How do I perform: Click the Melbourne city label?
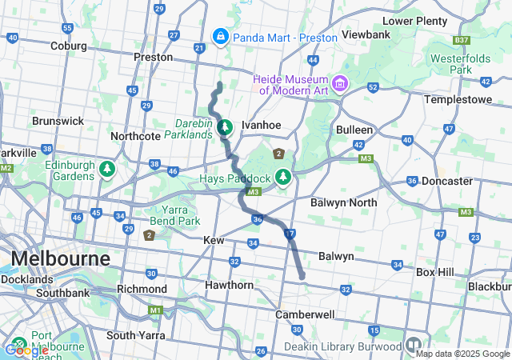point(60,259)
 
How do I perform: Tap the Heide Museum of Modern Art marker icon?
point(341,83)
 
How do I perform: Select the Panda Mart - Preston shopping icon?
point(220,36)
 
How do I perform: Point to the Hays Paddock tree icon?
point(282,176)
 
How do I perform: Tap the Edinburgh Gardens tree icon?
point(105,170)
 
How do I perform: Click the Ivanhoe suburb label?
point(262,125)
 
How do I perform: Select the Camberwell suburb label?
point(304,314)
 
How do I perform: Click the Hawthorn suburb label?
point(229,285)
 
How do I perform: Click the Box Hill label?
point(434,272)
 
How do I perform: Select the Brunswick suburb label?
point(58,121)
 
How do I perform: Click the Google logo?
point(26,350)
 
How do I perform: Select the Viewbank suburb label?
point(366,34)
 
